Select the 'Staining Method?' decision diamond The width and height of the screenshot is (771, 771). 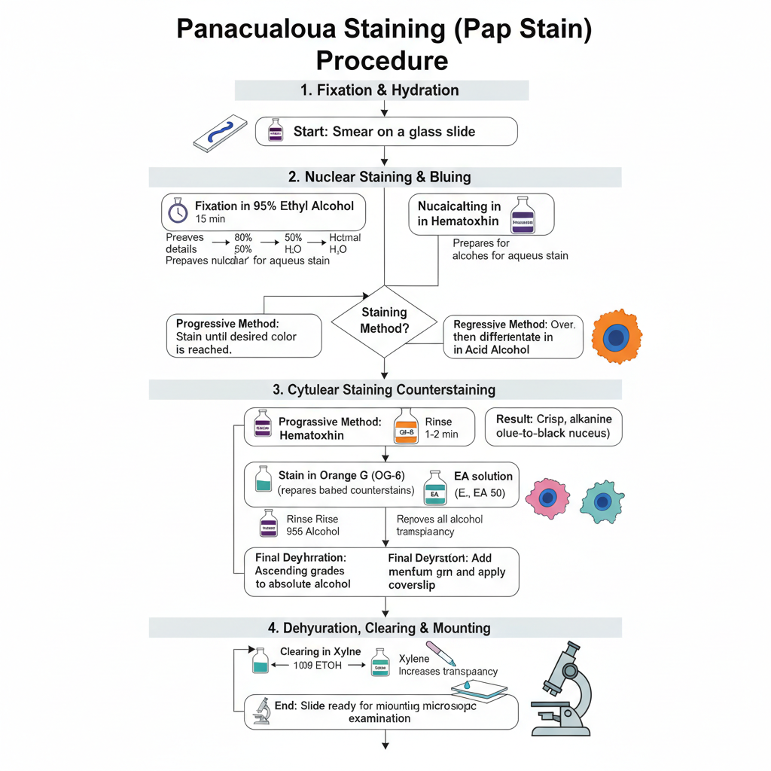[x=384, y=321]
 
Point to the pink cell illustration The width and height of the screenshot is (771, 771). [x=549, y=497]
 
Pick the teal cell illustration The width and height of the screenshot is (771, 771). [x=602, y=499]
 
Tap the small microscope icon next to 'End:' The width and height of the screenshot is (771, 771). [x=262, y=712]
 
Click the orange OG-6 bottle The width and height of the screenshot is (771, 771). [x=406, y=427]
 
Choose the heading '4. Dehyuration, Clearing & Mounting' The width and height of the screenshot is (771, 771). [x=385, y=627]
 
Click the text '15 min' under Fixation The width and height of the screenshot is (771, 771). [x=210, y=219]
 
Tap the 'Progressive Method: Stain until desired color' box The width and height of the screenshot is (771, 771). [x=242, y=336]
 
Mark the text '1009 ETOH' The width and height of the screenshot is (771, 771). [x=312, y=665]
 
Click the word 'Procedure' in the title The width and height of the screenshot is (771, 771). [x=382, y=59]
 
